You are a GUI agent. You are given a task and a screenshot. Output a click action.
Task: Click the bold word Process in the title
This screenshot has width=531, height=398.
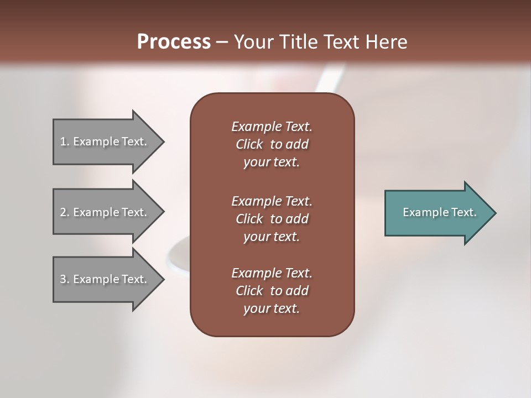click(174, 42)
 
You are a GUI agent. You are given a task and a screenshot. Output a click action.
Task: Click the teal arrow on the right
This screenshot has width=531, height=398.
click(437, 213)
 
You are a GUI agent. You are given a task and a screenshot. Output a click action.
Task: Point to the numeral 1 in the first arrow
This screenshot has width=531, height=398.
click(63, 142)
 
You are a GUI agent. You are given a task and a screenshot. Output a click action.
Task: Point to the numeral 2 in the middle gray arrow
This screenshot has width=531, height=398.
click(63, 212)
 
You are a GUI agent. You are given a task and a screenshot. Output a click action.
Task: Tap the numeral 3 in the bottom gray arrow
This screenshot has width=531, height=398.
click(63, 279)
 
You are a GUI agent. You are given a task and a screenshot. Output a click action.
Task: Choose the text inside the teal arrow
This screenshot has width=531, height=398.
click(440, 212)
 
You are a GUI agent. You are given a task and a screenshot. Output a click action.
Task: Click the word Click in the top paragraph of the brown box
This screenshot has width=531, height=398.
click(249, 144)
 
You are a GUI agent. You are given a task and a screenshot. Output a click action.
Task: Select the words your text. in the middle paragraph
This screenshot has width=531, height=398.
click(272, 237)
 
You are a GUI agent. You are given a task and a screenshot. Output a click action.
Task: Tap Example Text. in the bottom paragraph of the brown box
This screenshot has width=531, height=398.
click(272, 273)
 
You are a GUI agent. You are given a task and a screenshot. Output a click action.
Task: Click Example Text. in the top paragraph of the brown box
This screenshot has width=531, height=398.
click(272, 127)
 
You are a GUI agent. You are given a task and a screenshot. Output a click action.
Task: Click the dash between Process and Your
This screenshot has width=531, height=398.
click(222, 43)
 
